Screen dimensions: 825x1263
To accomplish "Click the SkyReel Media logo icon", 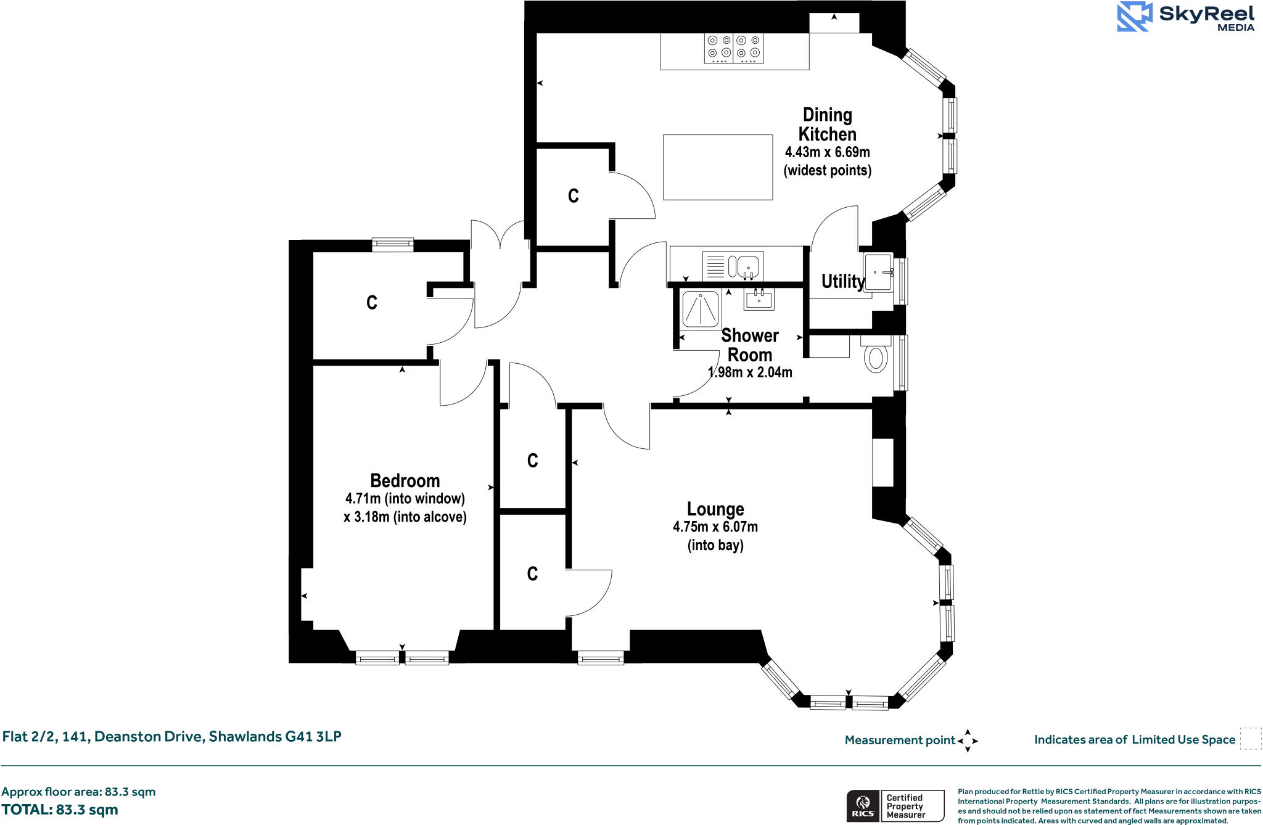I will pos(1135,17).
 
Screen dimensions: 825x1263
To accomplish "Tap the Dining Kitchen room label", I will pos(827,125).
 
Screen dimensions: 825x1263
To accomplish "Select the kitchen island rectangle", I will pos(718,167).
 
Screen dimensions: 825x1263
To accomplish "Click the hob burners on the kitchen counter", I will pos(734,48).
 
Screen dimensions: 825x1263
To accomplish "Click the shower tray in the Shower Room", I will pos(701,309).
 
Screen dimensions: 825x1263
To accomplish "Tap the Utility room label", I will pos(842,281).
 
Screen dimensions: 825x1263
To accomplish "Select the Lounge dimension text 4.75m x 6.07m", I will pos(715,527).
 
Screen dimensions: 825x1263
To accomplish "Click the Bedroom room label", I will pos(405,480).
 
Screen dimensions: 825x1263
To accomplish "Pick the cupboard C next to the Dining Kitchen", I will pos(573,196).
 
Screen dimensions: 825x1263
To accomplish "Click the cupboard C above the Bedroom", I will pos(371,302).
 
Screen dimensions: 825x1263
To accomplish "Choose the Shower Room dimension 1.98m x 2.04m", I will pos(750,372).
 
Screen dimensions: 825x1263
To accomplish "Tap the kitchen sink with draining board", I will pos(733,266).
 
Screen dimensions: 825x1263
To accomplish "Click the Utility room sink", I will pos(878,272).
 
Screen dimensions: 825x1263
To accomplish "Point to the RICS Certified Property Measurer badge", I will pos(895,806).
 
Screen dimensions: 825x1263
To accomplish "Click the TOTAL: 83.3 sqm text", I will pos(60,810).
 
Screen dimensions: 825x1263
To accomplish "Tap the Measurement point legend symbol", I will pos(968,740).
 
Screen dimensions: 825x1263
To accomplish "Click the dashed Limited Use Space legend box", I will pos(1251,739).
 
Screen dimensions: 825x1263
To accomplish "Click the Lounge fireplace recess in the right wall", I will pos(883,462).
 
